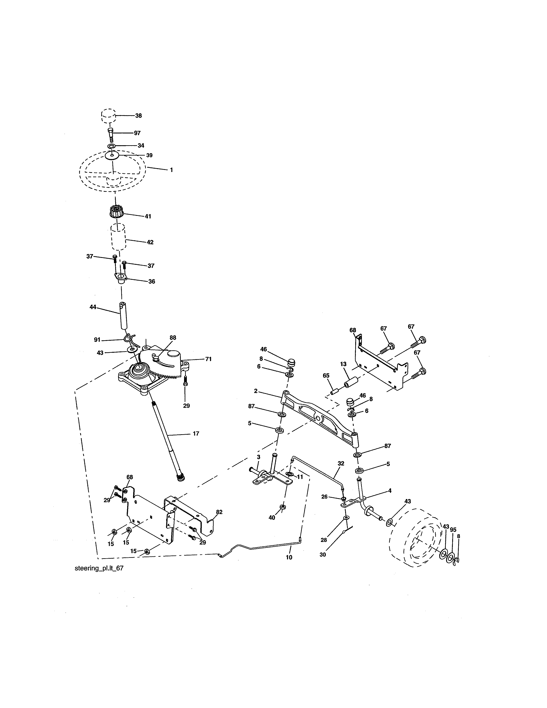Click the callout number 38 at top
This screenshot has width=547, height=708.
(138, 116)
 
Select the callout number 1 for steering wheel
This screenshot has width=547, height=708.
(171, 170)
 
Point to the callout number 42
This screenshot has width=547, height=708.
(150, 242)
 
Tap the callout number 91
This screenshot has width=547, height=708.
(97, 340)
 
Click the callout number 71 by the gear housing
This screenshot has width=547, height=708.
(208, 359)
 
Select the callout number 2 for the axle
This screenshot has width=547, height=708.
(256, 391)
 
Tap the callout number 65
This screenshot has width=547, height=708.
(326, 375)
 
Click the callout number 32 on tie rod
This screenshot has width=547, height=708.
(341, 464)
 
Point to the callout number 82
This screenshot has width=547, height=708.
(219, 512)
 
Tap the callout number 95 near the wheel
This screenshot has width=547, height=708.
(453, 530)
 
